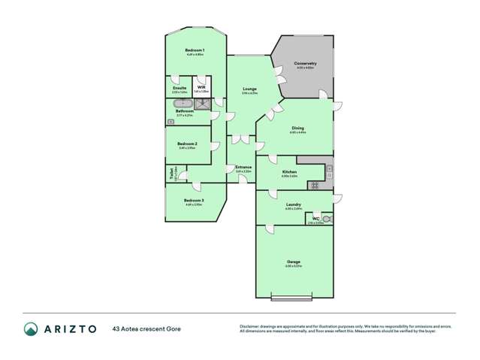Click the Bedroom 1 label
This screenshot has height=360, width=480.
pyautogui.click(x=195, y=50)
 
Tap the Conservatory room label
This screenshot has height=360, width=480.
pyautogui.click(x=304, y=63)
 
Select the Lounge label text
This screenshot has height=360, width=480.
pyautogui.click(x=249, y=89)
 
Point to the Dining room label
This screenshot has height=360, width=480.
pyautogui.click(x=297, y=128)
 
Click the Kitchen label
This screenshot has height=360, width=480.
pyautogui.click(x=289, y=172)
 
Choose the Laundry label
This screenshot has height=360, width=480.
pyautogui.click(x=294, y=204)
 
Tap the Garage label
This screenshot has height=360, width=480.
pyautogui.click(x=293, y=262)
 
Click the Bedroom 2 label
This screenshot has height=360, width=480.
pyautogui.click(x=187, y=144)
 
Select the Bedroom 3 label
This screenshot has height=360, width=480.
pyautogui.click(x=193, y=200)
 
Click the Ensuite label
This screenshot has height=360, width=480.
pyautogui.click(x=180, y=87)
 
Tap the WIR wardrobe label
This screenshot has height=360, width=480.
pyautogui.click(x=201, y=87)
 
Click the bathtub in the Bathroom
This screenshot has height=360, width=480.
pyautogui.click(x=183, y=103)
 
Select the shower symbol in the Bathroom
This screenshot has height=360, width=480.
pyautogui.click(x=201, y=103)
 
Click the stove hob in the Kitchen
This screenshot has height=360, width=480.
pyautogui.click(x=315, y=186)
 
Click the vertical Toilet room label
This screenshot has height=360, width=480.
pyautogui.click(x=172, y=174)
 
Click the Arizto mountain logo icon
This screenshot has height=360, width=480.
pyautogui.click(x=31, y=328)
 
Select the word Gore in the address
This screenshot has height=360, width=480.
pyautogui.click(x=172, y=328)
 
